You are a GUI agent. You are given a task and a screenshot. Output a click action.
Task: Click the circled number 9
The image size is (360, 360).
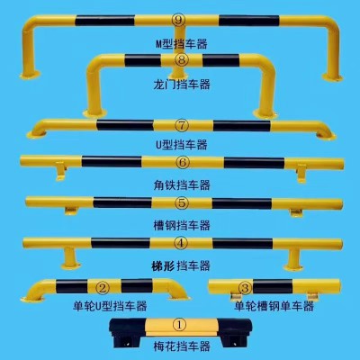click(178, 21)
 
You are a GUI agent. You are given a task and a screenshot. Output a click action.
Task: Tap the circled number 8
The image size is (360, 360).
click(182, 60)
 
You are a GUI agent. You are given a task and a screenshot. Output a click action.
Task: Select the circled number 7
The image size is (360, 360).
click(183, 125)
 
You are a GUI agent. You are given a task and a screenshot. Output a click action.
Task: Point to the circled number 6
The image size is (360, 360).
click(183, 163)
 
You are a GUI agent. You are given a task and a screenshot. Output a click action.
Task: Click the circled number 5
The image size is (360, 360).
click(183, 203)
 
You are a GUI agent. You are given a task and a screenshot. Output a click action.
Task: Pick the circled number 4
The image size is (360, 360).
click(181, 243)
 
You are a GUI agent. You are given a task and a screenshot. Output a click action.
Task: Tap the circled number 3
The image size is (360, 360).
click(245, 288)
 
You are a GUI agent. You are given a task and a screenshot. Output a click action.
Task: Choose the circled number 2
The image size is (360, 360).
click(103, 288)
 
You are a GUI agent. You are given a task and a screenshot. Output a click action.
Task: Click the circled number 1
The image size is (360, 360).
click(180, 325)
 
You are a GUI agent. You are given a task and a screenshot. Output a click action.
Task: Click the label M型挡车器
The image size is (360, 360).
click(182, 44)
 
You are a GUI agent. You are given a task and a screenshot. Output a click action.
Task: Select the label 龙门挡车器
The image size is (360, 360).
click(182, 85)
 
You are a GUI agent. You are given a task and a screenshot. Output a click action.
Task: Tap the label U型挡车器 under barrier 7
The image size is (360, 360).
click(182, 145)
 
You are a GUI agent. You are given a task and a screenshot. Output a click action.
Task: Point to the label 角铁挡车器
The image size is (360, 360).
click(182, 184)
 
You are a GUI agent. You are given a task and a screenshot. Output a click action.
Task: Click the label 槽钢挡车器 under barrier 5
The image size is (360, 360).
click(182, 225)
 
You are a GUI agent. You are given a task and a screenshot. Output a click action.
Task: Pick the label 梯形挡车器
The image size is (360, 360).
click(181, 265)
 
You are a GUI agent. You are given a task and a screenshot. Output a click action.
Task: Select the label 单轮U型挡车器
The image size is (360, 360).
click(110, 306)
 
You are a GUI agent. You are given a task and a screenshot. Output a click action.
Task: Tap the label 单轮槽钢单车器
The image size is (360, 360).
click(274, 306)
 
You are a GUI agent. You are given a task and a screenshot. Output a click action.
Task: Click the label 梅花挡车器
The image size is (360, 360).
click(182, 346)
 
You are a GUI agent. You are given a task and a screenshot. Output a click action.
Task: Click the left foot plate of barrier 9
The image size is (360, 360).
click(30, 75)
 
